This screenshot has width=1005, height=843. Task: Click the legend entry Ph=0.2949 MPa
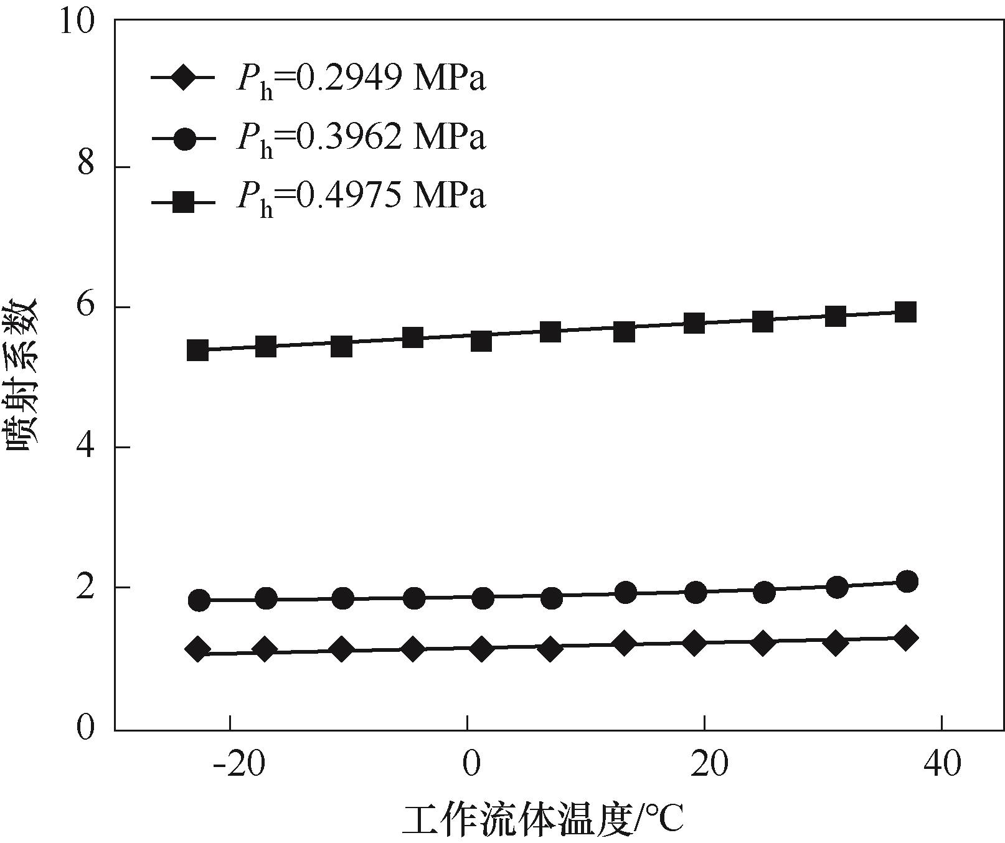pyautogui.click(x=361, y=79)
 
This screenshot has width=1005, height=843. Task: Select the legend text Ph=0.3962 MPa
pyautogui.click(x=361, y=138)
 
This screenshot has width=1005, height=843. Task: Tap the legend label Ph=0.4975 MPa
pyautogui.click(x=361, y=196)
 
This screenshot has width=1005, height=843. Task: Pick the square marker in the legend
pyautogui.click(x=184, y=202)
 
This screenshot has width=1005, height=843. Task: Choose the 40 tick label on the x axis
pyautogui.click(x=942, y=763)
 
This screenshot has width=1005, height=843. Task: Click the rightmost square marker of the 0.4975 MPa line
pyautogui.click(x=906, y=312)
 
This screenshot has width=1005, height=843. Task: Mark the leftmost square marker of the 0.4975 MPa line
pyautogui.click(x=197, y=351)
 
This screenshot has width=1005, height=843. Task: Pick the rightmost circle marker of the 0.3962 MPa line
pyautogui.click(x=908, y=582)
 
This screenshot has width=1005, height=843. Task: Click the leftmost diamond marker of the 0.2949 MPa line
pyautogui.click(x=197, y=649)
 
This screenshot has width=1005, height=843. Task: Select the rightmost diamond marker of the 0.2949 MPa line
pyautogui.click(x=906, y=638)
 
